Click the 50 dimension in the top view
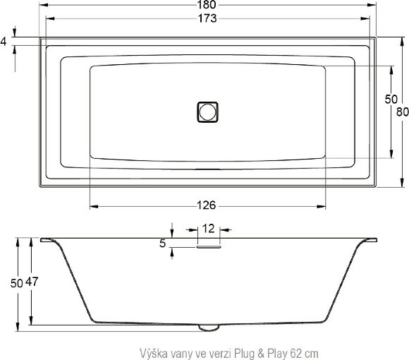[x=391, y=100]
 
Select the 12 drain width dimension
[x=208, y=229]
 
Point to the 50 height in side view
[x=8, y=283]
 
